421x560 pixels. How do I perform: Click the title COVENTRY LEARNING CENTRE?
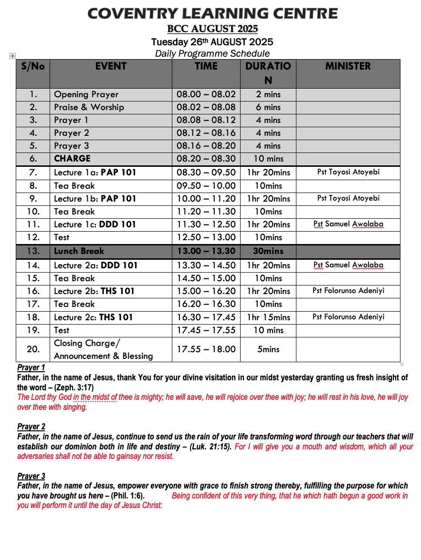click(212, 13)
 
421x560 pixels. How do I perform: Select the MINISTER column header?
click(348, 66)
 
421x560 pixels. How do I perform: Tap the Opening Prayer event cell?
click(86, 94)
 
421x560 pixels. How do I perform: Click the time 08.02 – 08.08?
click(206, 107)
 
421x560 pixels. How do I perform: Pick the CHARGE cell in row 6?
click(72, 159)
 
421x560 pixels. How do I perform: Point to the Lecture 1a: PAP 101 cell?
click(95, 173)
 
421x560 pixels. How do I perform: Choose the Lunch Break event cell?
click(79, 251)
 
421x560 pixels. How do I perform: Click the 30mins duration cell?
click(268, 251)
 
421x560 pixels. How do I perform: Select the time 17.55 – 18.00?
click(206, 349)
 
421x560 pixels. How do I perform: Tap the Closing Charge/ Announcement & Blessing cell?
click(104, 349)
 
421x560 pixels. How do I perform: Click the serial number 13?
click(33, 251)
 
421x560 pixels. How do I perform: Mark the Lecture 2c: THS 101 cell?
click(94, 317)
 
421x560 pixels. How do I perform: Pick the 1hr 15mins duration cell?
click(268, 317)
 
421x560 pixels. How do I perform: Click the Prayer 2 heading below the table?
click(31, 427)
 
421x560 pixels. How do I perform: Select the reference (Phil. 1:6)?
click(127, 496)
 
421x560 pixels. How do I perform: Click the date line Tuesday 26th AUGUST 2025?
click(212, 42)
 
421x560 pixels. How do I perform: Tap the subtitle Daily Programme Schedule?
click(212, 53)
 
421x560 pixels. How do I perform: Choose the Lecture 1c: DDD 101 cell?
click(95, 224)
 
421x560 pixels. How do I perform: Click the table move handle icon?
click(12, 56)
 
